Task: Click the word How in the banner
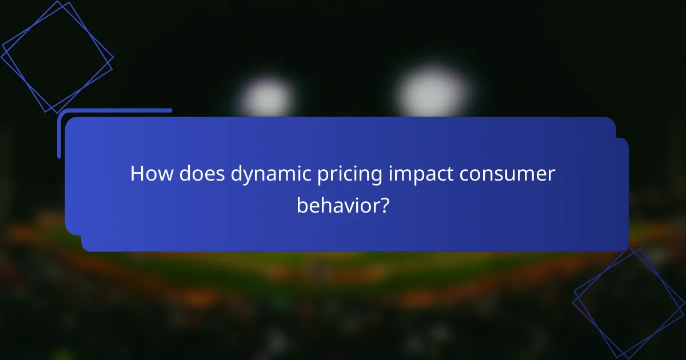[149, 174]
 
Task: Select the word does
[198, 174]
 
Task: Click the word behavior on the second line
[337, 205]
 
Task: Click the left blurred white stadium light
[266, 96]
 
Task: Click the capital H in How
[137, 174]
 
